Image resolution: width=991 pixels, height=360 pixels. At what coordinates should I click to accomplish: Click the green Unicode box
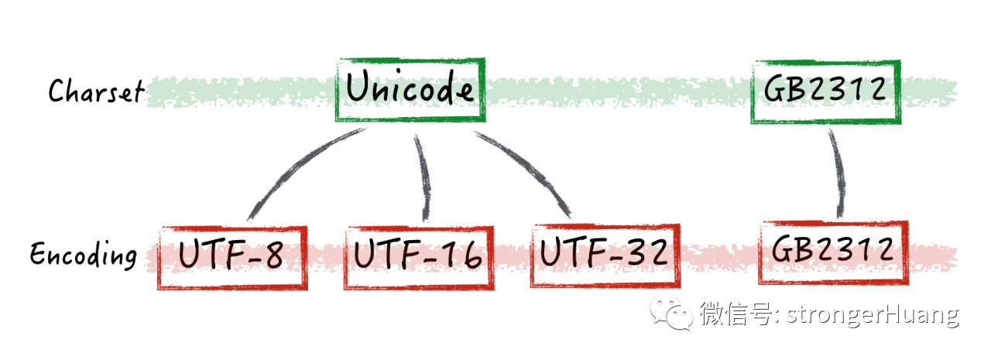point(410,90)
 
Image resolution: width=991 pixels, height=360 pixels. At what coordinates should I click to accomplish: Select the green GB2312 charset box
point(825,91)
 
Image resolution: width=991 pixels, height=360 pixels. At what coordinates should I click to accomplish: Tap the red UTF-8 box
point(232,257)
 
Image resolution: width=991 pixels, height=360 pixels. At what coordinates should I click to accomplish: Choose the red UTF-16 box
point(419,257)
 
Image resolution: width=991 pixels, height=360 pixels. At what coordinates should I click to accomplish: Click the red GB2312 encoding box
point(832,252)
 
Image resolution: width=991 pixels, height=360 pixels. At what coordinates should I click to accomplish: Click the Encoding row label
point(84,255)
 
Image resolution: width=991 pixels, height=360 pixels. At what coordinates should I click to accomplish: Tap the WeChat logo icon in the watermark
point(670,314)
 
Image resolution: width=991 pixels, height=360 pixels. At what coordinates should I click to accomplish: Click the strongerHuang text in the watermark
point(873,315)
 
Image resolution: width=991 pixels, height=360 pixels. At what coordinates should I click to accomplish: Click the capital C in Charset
point(56,92)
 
